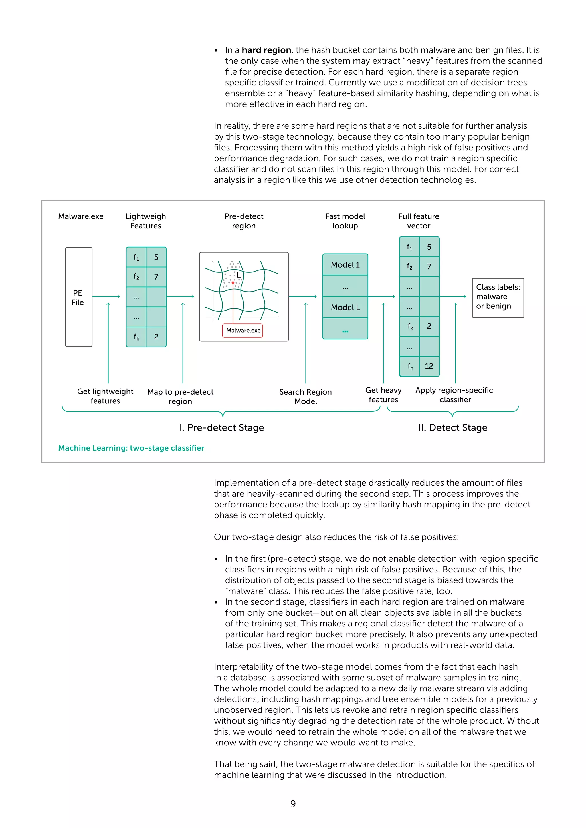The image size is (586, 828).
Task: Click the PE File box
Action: pos(78,297)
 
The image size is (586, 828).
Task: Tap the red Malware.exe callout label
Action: pos(243,330)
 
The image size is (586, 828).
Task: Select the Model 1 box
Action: pos(345,265)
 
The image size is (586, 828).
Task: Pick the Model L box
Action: pos(345,307)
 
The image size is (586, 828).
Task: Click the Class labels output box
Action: pos(498,297)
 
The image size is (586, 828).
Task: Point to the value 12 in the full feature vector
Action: pos(429,366)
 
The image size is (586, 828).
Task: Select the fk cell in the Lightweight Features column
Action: pos(136,337)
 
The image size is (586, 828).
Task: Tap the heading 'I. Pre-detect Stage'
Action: pos(221,427)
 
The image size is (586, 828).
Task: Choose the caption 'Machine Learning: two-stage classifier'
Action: pos(131,448)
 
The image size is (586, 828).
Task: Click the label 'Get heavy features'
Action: pos(383,395)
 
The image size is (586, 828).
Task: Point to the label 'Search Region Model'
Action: pos(305,396)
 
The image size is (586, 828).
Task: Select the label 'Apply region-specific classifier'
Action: pos(454,395)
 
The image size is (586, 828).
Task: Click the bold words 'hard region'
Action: pos(266,50)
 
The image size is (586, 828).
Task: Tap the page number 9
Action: pos(293,804)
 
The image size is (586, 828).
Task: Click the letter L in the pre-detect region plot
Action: pos(239,275)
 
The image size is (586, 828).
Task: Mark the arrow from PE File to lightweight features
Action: pos(106,296)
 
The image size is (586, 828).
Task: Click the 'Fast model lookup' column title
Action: pos(345,221)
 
